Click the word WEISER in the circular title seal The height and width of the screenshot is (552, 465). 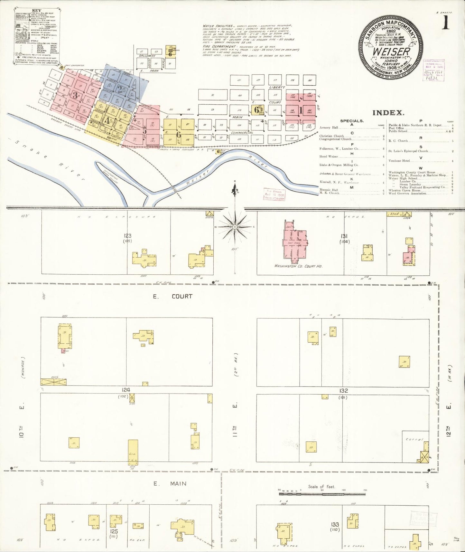pos(391,51)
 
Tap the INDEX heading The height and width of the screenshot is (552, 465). pos(388,113)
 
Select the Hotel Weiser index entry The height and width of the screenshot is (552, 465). pos(329,157)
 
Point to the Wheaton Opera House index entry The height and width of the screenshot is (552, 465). pos(403,190)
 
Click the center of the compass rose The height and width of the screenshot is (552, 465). pos(235,227)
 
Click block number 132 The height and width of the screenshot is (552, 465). pos(343,391)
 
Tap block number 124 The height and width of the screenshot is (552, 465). pos(126,390)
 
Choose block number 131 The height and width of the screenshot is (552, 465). pos(344,236)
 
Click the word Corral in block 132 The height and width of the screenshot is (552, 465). pos(413,439)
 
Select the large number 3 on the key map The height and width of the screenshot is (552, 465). pos(75,95)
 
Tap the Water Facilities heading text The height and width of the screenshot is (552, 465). pos(213,25)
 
